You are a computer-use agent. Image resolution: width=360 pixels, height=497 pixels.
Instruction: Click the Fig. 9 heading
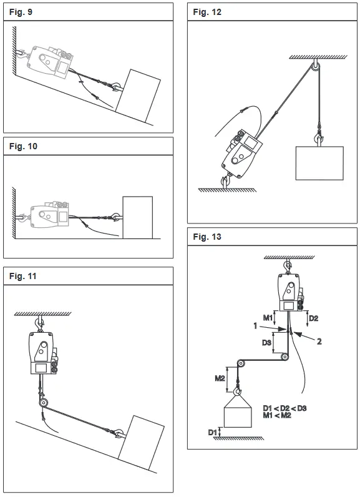(19, 12)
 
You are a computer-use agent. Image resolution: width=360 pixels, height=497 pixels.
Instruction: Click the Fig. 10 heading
(22, 146)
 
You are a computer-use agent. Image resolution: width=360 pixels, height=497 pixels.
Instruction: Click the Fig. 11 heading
(22, 275)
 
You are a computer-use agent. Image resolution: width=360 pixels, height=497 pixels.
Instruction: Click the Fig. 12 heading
(207, 12)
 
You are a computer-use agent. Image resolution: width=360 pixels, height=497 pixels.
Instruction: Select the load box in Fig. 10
(137, 217)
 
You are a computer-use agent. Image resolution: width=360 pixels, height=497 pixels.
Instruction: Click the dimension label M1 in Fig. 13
(266, 318)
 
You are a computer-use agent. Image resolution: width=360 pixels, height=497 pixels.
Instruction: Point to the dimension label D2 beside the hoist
(314, 318)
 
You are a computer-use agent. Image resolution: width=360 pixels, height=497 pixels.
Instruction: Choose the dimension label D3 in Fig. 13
(266, 343)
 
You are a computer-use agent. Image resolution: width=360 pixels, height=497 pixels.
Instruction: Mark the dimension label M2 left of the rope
(220, 378)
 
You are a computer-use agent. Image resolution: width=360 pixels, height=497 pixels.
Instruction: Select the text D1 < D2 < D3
(285, 407)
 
